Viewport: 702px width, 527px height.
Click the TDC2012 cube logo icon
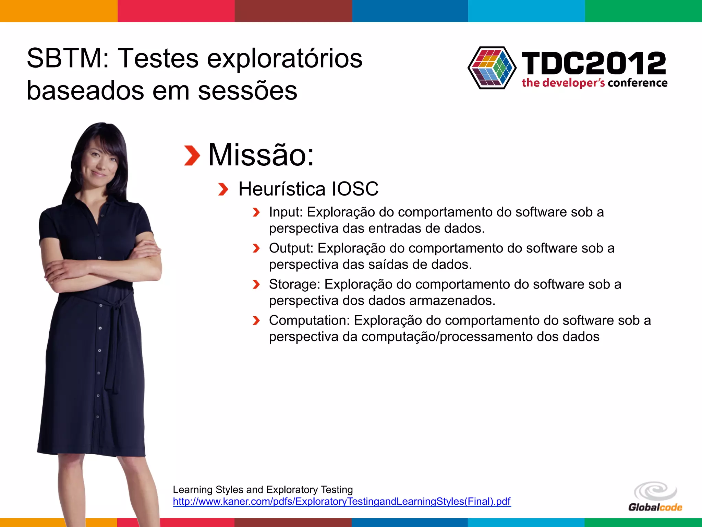click(x=492, y=68)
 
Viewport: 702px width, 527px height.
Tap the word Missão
click(x=261, y=155)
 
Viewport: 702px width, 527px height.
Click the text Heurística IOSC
click(x=308, y=189)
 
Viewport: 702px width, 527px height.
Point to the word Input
click(x=286, y=212)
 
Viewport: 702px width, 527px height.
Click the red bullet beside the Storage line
click(x=256, y=284)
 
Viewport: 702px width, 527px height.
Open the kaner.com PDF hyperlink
click(x=341, y=501)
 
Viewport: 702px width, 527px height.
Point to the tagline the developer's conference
click(x=594, y=83)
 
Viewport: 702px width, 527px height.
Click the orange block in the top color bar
click(x=59, y=11)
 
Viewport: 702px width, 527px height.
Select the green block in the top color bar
click(x=643, y=11)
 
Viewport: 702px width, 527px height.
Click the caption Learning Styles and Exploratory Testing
click(x=263, y=490)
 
